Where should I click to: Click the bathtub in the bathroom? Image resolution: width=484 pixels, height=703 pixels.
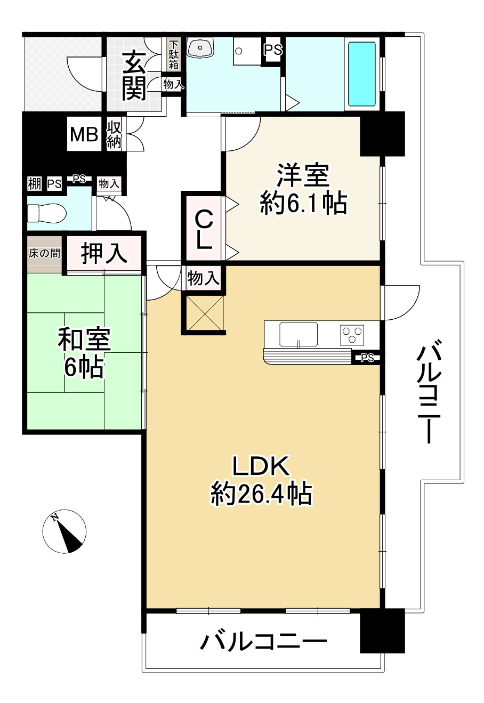362,74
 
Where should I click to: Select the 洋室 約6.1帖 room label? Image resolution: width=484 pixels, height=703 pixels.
303,190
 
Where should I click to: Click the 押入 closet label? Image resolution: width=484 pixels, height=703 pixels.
104,253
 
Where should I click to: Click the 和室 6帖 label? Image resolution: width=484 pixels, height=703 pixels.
84,352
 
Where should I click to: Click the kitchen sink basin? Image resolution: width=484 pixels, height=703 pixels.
299,334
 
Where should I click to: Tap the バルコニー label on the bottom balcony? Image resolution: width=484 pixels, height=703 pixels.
263,642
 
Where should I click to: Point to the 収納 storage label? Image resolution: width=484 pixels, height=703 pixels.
114,135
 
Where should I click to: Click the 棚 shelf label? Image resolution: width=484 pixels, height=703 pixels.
35,184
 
